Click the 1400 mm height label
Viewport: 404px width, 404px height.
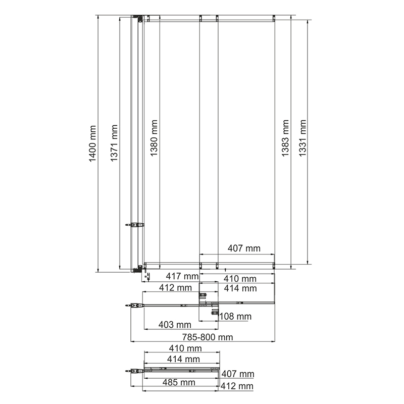(92, 143)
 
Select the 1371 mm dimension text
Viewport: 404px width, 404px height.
(114, 143)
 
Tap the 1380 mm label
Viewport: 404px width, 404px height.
(154, 138)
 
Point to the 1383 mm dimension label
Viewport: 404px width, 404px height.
(285, 138)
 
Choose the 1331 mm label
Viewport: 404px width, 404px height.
(302, 138)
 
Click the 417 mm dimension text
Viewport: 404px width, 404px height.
(182, 276)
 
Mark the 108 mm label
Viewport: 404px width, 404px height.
(235, 316)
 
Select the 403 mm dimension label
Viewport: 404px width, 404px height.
(175, 325)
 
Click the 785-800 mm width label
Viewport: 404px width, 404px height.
(208, 337)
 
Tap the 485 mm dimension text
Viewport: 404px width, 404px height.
(179, 382)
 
